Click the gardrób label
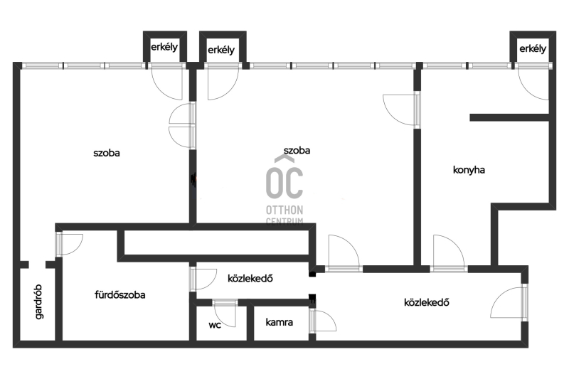coord(39,301)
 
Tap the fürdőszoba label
coord(119,294)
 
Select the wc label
coord(215,325)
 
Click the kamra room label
coord(279,322)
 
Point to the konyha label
coord(469,170)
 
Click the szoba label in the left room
coord(106,153)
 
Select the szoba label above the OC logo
coord(297,151)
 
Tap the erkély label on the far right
coord(533,48)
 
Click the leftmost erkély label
coord(164,47)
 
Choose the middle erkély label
coord(221,50)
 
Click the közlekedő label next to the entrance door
coord(426,302)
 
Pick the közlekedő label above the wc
coord(250,278)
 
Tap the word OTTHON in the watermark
coord(284,210)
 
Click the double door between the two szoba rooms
coord(182,126)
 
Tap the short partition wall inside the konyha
coord(509,117)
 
